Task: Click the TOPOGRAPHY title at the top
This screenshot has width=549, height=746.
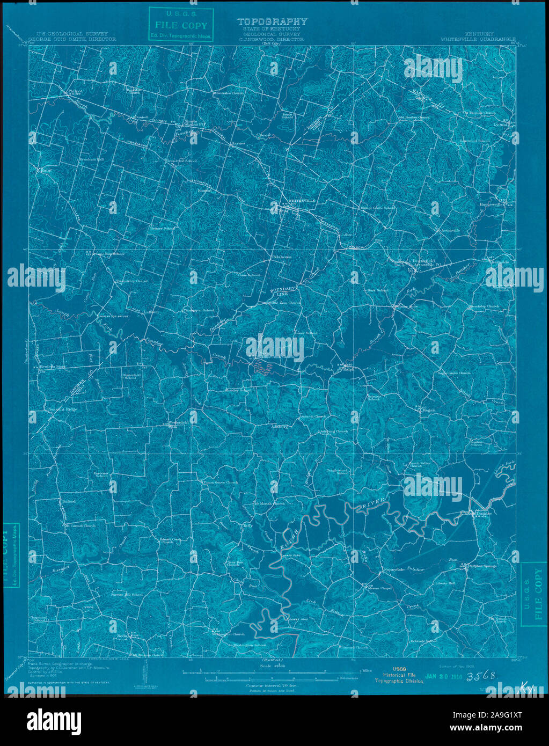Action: click(272, 21)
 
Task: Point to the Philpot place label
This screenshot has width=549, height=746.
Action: click(76, 92)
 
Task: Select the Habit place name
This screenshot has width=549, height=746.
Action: click(43, 170)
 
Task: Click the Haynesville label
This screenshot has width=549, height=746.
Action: click(493, 204)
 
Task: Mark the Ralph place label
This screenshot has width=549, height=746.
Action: click(349, 369)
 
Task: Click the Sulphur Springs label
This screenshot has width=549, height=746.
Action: click(483, 566)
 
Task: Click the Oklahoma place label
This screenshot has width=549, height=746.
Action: click(281, 257)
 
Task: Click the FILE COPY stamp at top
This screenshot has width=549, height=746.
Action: click(180, 25)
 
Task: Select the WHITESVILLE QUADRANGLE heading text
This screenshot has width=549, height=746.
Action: click(478, 39)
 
